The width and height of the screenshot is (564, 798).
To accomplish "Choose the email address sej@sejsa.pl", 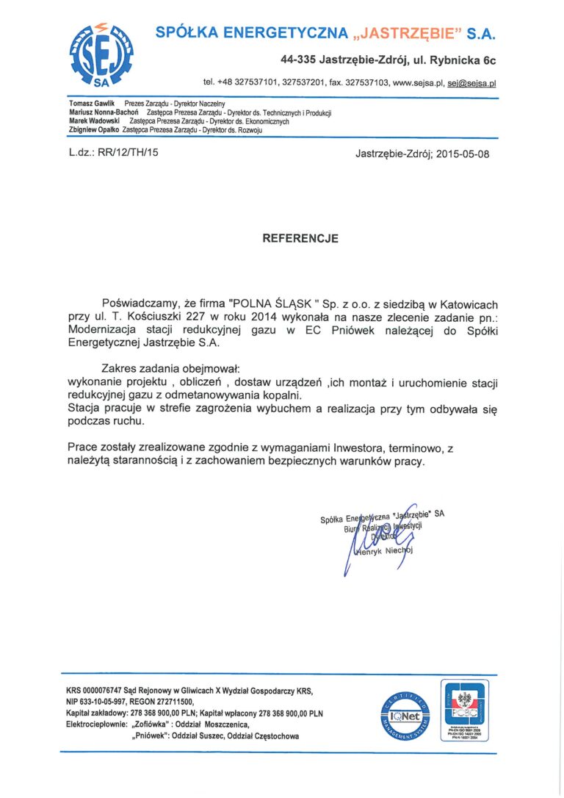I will tap(472, 83).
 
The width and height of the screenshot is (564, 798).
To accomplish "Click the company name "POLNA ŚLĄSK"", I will tap(278, 303).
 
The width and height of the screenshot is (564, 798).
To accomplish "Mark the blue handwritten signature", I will tap(375, 536).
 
